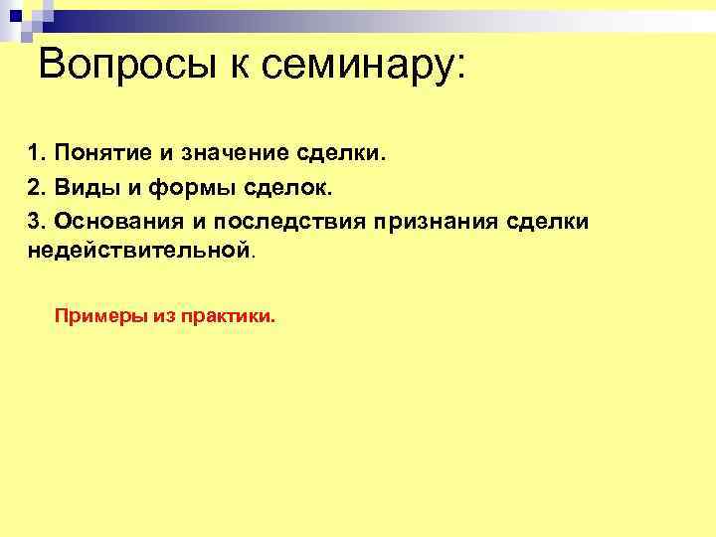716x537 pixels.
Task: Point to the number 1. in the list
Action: pyautogui.click(x=38, y=154)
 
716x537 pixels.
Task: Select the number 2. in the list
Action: pyautogui.click(x=38, y=187)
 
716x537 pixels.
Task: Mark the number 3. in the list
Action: pyautogui.click(x=38, y=220)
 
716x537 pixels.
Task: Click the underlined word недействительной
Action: pyautogui.click(x=138, y=251)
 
